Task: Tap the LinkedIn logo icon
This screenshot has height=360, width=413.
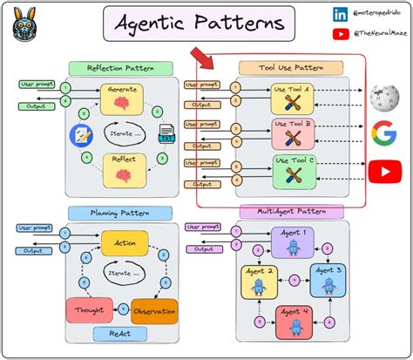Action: tap(315, 14)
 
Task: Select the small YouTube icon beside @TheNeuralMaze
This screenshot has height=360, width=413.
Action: tap(315, 34)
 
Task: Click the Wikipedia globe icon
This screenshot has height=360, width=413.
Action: tap(382, 97)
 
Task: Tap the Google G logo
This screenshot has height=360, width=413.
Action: tap(383, 132)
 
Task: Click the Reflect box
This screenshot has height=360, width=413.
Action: tap(121, 170)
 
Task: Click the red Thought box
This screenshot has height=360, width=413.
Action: tap(89, 310)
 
